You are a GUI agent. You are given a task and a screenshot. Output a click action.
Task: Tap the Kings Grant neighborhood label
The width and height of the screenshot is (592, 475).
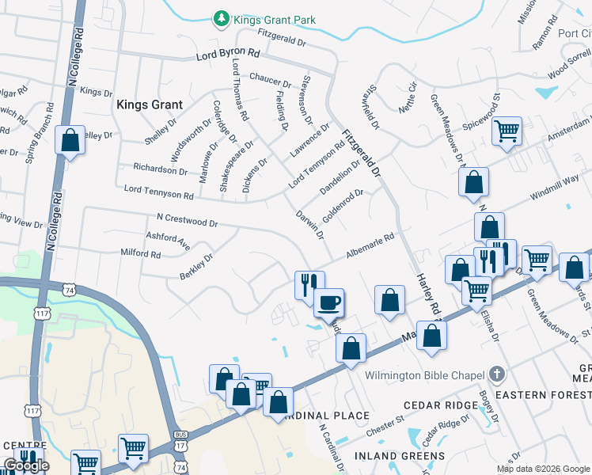coord(150,104)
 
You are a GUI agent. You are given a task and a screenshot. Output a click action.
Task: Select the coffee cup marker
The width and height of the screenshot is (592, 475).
coord(328,302)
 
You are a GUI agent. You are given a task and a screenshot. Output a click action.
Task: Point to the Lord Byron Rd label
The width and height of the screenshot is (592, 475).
coord(228,56)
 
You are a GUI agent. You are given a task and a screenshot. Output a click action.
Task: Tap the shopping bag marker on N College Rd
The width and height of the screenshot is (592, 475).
coord(70,141)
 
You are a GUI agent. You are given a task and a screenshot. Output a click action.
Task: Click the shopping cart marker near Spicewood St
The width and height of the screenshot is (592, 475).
coord(507,131)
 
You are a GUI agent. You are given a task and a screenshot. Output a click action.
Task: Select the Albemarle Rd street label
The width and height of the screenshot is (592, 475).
coord(369,247)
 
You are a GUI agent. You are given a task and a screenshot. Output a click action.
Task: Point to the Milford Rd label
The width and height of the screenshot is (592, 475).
coord(140,255)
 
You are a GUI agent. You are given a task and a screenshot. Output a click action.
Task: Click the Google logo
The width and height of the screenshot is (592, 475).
coord(26,465)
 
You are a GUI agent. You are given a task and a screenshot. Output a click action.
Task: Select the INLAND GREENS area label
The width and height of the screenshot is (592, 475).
coord(399,457)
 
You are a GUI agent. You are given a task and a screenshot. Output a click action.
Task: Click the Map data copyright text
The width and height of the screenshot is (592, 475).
coord(543,469)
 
